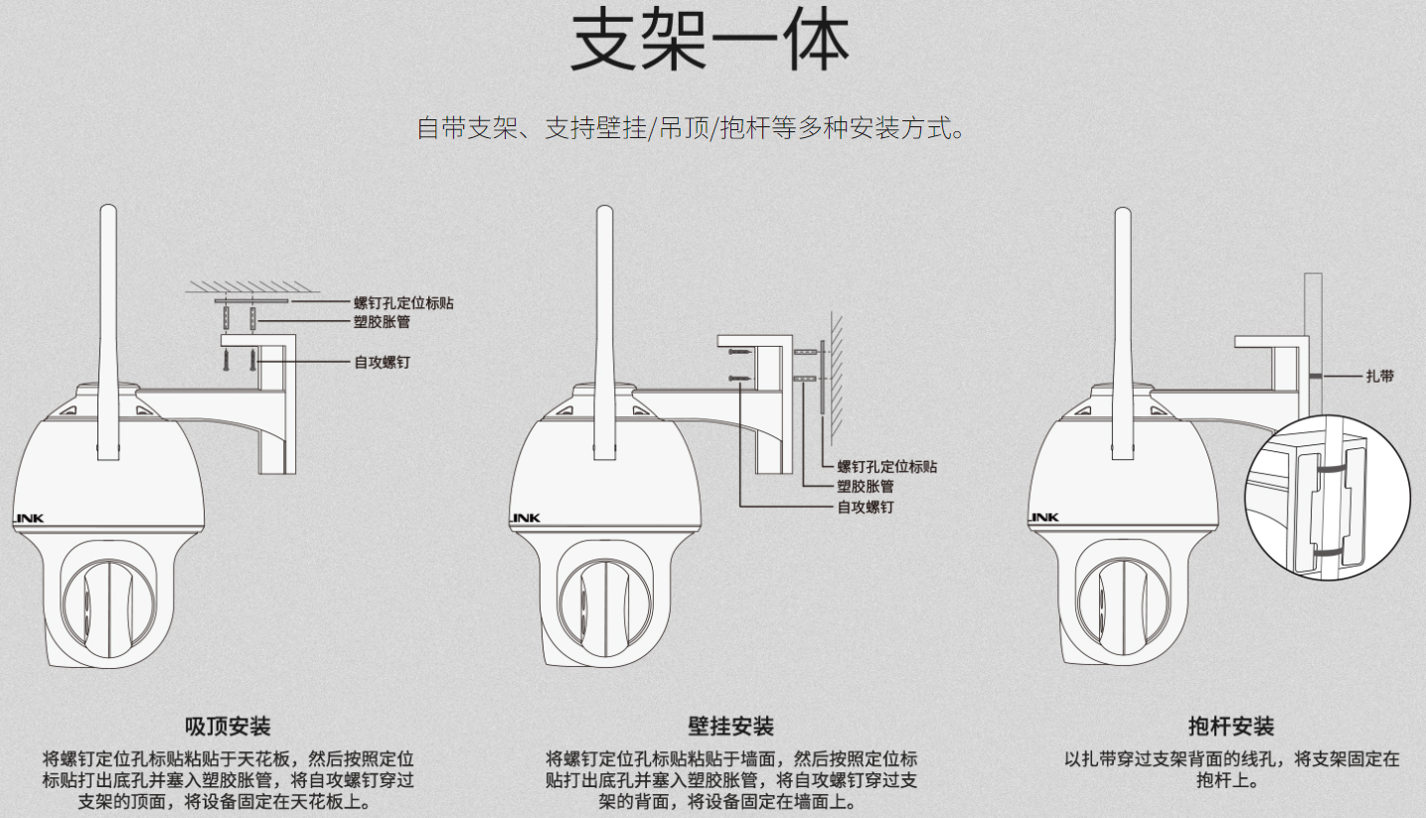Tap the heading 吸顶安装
point(228,726)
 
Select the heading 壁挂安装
point(730,726)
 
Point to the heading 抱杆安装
point(1231,726)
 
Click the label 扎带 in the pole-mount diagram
point(1380,377)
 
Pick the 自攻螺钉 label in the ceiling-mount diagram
point(382,362)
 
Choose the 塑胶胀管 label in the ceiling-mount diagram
point(382,321)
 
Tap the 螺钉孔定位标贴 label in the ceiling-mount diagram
point(403,303)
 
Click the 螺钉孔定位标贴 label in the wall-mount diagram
point(886,466)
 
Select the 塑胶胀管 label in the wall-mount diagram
point(866,486)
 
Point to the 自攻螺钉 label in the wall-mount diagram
point(866,507)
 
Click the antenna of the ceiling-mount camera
point(108,332)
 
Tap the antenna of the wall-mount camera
point(605,332)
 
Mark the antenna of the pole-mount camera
point(1123,333)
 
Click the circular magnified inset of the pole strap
point(1328,498)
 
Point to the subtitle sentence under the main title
point(692,128)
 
